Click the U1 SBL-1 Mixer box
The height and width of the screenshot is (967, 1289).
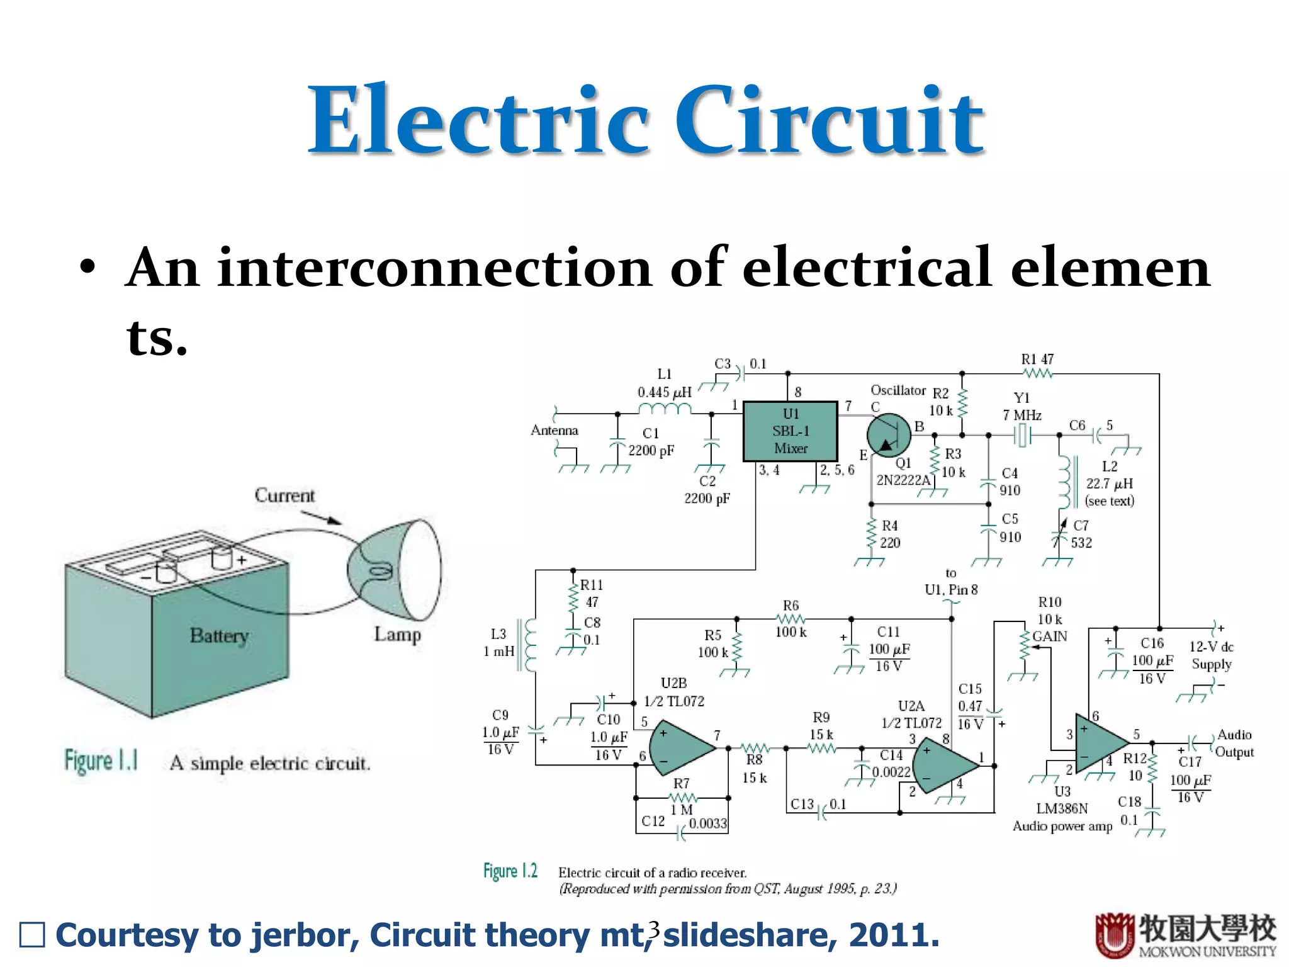pyautogui.click(x=790, y=431)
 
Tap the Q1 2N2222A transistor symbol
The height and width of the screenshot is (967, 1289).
pyautogui.click(x=889, y=434)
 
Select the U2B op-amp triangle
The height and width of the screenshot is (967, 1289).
pyautogui.click(x=680, y=748)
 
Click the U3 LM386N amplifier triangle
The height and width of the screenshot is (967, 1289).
pyautogui.click(x=1100, y=743)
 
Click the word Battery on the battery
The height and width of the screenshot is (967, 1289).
pyautogui.click(x=219, y=636)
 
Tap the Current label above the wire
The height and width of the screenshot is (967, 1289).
pyautogui.click(x=284, y=495)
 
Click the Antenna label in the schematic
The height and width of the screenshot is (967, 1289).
pyautogui.click(x=554, y=431)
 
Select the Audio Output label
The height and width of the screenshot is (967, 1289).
pyautogui.click(x=1234, y=744)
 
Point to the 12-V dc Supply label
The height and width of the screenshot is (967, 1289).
pyautogui.click(x=1211, y=655)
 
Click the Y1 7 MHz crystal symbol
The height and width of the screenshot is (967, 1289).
pyautogui.click(x=1023, y=435)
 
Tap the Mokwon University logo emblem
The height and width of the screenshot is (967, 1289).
pyautogui.click(x=1114, y=936)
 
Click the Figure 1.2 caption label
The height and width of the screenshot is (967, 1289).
pyautogui.click(x=510, y=871)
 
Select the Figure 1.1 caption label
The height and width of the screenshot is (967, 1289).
pyautogui.click(x=101, y=761)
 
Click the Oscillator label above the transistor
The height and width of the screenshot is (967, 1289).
pyautogui.click(x=898, y=390)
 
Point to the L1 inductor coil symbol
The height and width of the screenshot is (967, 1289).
pyautogui.click(x=665, y=409)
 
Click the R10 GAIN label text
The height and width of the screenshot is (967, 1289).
pyautogui.click(x=1049, y=636)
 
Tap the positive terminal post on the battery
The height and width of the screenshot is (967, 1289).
pyautogui.click(x=222, y=557)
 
